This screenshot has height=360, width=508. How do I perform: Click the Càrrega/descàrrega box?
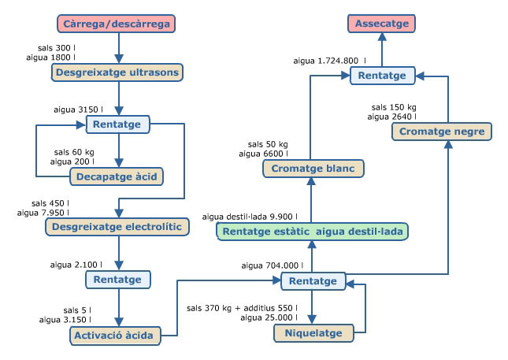117,24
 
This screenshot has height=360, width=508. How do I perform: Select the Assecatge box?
382,24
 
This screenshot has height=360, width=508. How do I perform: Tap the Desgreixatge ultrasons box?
117,72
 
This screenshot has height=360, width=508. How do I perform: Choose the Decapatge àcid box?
117,176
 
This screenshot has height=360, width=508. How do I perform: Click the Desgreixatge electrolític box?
117,227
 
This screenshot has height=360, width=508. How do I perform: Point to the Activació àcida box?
115,336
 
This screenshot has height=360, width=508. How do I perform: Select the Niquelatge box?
313,333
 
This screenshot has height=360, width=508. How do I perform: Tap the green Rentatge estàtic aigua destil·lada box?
313,232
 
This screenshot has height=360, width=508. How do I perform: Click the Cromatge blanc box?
313,169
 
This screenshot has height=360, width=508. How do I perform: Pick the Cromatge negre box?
442,132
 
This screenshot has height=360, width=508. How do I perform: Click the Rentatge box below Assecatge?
382,76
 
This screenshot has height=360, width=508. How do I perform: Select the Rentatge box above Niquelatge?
313,281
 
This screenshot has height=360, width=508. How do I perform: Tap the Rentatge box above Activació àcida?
117,280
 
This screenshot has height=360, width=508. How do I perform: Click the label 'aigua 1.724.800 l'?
330,61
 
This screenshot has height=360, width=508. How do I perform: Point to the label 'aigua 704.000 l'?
273,265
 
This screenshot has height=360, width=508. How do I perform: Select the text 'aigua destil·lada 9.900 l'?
250,217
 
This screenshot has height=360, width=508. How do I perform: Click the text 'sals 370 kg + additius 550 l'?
242,308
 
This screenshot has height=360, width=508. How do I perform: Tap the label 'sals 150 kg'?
394,107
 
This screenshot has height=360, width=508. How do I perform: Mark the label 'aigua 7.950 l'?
43,213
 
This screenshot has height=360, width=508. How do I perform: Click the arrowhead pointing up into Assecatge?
382,36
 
